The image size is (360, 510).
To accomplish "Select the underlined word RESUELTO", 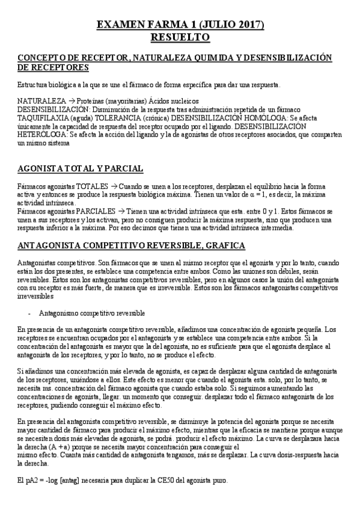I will coord(180,37).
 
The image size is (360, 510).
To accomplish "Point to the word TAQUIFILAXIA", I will coord(44,119).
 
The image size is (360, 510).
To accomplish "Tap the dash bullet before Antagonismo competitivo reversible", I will coord(29,313).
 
